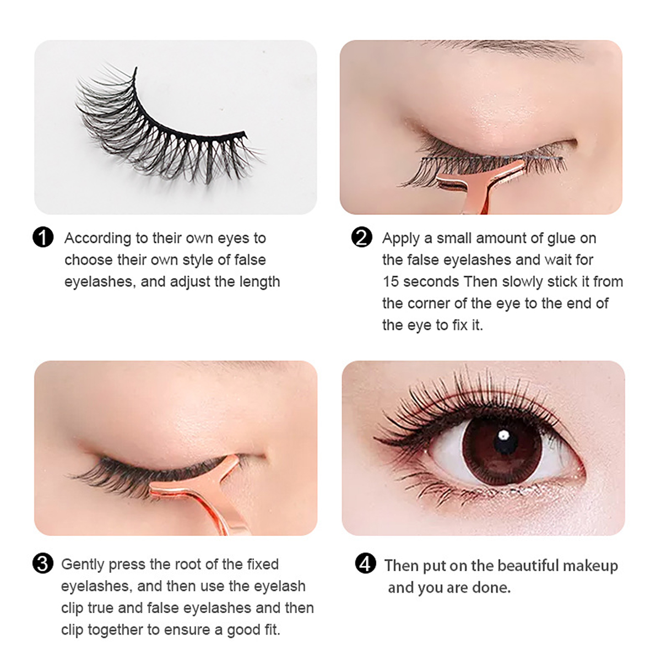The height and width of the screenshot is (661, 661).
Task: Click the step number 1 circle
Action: point(44,237)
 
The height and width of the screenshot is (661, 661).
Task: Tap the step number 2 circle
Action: point(361,237)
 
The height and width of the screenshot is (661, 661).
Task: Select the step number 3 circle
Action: point(44,564)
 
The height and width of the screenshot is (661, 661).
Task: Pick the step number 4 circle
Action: point(365,565)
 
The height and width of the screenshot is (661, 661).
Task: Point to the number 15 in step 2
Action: point(390,281)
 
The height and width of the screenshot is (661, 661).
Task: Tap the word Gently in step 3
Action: point(83,565)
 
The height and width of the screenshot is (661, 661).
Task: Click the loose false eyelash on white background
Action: point(165,127)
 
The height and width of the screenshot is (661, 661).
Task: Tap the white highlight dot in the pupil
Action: point(502,436)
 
